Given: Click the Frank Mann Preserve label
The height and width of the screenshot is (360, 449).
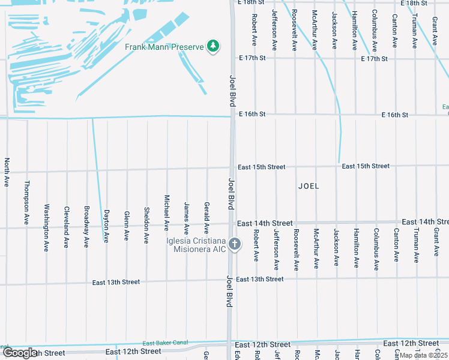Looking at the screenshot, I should pyautogui.click(x=164, y=47).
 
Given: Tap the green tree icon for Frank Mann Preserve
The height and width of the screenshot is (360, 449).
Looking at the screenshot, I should pyautogui.click(x=212, y=46).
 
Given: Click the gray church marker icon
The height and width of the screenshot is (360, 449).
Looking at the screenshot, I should pyautogui.click(x=235, y=244).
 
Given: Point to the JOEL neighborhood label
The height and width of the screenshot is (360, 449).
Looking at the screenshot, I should pyautogui.click(x=309, y=186).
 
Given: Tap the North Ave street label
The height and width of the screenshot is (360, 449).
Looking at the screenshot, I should pyautogui.click(x=7, y=172).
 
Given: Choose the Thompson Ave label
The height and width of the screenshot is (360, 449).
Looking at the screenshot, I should pyautogui.click(x=27, y=202).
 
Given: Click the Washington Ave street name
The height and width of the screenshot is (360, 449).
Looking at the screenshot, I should pyautogui.click(x=47, y=227).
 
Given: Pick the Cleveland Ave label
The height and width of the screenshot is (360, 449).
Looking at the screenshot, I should pyautogui.click(x=67, y=227).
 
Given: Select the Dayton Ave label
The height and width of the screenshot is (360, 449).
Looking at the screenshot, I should pyautogui.click(x=106, y=226).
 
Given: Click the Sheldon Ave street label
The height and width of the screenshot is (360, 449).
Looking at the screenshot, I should pyautogui.click(x=146, y=226).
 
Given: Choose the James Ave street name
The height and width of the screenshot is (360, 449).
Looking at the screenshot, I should pyautogui.click(x=187, y=218).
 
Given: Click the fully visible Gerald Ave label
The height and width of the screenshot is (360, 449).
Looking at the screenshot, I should pyautogui.click(x=206, y=217).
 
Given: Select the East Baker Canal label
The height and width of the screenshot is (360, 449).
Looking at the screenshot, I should pyautogui.click(x=165, y=343).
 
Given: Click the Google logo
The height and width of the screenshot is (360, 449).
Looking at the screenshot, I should pyautogui.click(x=20, y=353).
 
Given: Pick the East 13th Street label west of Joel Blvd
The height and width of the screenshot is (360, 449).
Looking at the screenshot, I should pyautogui.click(x=116, y=282).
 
